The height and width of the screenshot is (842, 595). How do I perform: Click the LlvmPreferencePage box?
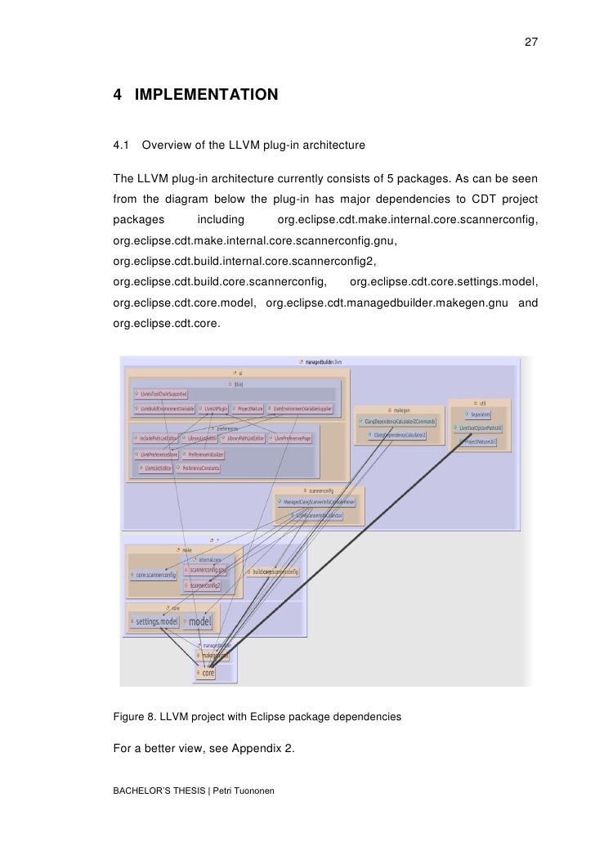point(297,438)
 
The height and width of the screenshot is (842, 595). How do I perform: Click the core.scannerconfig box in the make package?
point(154,574)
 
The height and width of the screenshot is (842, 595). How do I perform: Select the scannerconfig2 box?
point(206,585)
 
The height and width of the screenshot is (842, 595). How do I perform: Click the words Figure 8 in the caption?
point(135,716)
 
